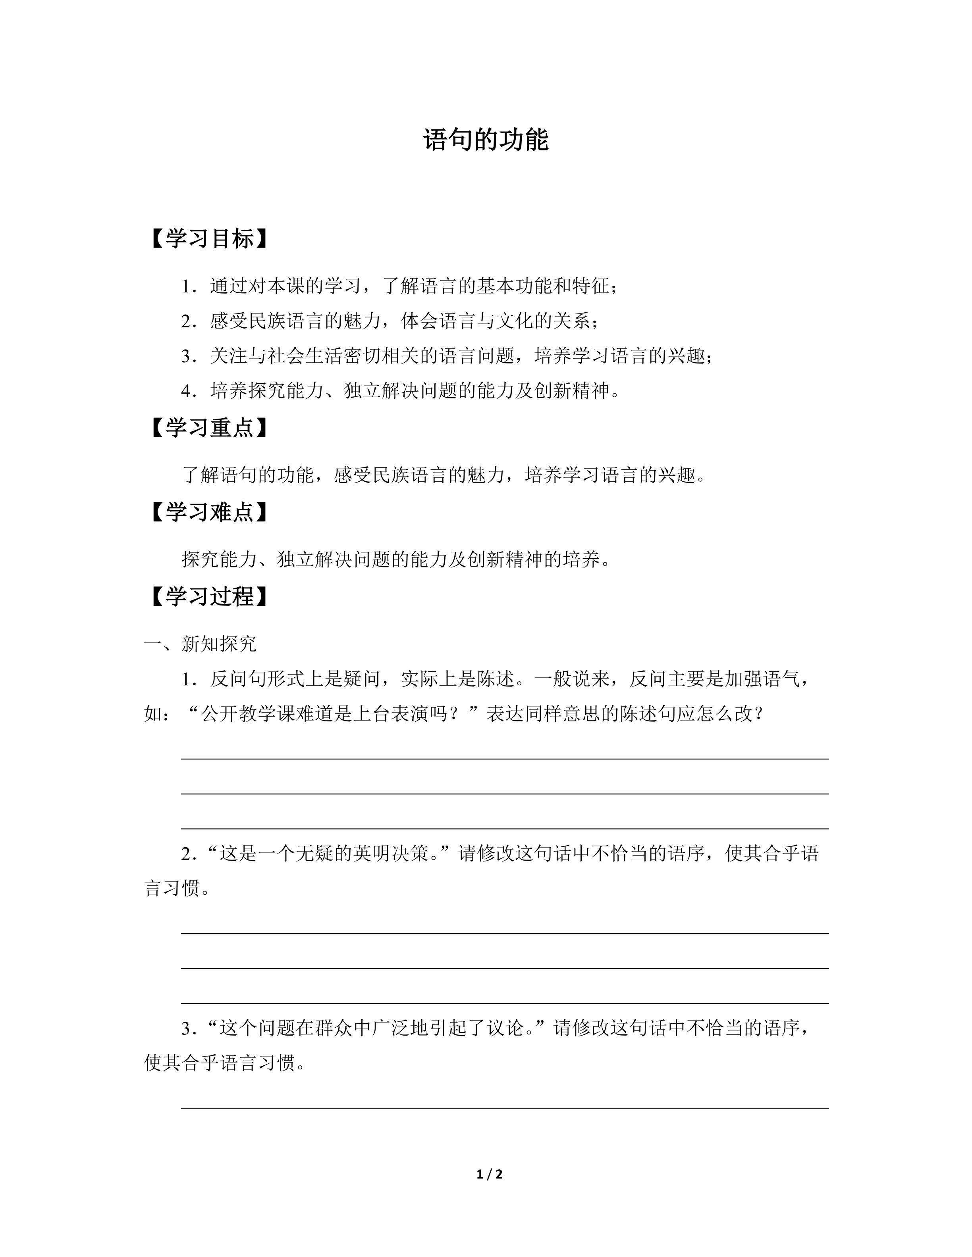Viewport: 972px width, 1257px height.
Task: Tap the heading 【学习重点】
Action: pyautogui.click(x=208, y=428)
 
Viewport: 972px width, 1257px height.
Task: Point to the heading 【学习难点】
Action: pyautogui.click(x=208, y=512)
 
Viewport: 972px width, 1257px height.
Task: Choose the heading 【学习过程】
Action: pyautogui.click(x=208, y=596)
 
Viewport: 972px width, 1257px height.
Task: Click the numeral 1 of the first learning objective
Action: pyautogui.click(x=187, y=286)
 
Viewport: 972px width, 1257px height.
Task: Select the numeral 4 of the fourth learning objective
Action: pyautogui.click(x=187, y=391)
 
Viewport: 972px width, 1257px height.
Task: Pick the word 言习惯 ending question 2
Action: pyautogui.click(x=172, y=889)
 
